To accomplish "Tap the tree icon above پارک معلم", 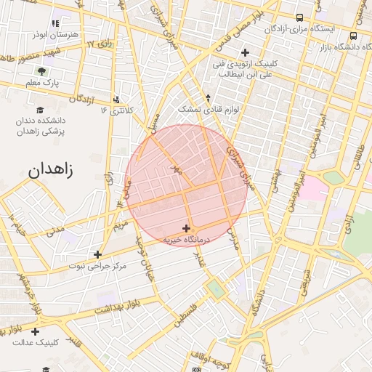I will (x=41, y=72).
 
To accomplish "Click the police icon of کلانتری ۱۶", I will (x=117, y=99).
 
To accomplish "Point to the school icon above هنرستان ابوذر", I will (x=57, y=14).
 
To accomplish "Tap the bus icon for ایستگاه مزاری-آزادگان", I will (x=300, y=17).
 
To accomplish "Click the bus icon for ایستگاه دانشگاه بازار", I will (x=353, y=36).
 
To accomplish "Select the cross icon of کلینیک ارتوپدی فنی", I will (x=245, y=52).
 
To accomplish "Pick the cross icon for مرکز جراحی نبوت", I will (x=97, y=254).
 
